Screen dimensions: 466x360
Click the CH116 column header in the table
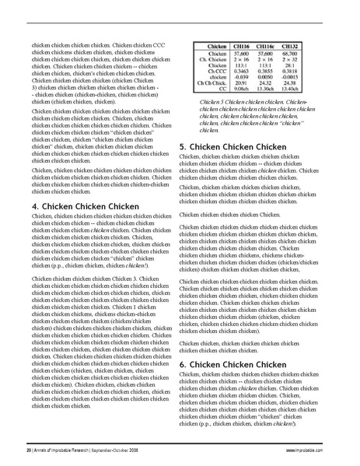(242, 46)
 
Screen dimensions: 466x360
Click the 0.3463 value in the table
(242, 71)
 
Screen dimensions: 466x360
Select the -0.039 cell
(242, 77)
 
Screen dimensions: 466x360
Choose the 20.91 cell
(242, 83)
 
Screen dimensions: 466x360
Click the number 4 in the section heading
(35, 206)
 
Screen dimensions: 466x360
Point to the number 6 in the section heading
(183, 363)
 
